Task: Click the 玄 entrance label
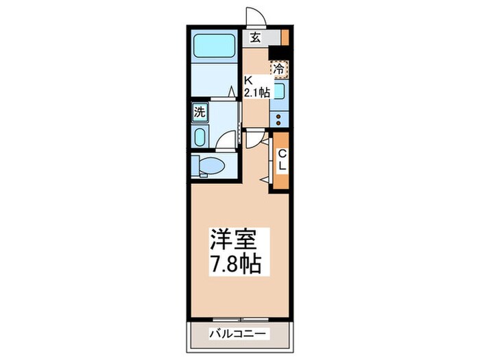click(255, 38)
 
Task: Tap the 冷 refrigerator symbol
click(279, 69)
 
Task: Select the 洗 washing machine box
click(199, 112)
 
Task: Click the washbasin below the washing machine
click(199, 137)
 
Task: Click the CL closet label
click(282, 161)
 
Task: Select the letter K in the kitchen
click(250, 79)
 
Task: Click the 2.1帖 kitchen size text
click(258, 91)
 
